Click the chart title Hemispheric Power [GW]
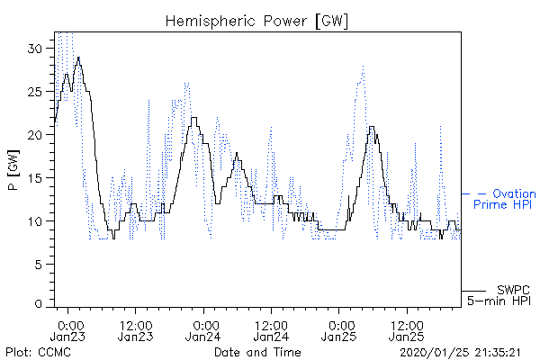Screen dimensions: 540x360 256,22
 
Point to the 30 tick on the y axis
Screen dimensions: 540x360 35,49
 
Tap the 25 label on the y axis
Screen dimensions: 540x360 35,92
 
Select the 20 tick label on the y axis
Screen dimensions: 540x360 35,135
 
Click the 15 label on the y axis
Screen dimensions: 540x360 35,178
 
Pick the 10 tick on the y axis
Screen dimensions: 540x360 35,221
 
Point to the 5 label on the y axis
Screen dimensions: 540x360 39,265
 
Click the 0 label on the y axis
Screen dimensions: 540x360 39,303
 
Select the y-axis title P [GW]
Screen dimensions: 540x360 13,170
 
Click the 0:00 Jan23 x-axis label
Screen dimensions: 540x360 67,331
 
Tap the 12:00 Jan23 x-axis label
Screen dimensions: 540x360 136,331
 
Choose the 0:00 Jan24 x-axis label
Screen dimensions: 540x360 203,331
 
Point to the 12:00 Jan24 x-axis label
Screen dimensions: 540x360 272,331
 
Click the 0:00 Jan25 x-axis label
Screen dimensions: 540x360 339,331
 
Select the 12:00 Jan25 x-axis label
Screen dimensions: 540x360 407,331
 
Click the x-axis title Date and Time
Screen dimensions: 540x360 257,352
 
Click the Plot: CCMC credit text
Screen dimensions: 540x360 38,352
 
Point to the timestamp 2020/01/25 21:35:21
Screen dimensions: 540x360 460,353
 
